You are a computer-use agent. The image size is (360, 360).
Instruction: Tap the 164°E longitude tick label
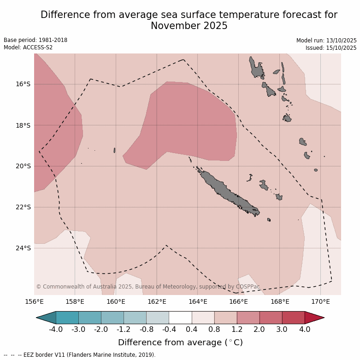[197, 302]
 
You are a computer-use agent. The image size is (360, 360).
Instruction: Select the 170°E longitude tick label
[320, 302]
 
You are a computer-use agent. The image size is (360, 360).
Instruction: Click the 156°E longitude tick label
[34, 302]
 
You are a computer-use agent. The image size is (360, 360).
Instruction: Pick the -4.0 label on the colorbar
[56, 329]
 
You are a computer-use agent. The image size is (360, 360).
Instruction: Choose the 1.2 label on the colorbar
[237, 329]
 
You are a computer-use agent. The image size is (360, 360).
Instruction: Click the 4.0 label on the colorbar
[305, 329]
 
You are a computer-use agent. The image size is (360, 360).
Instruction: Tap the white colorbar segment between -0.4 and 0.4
[180, 318]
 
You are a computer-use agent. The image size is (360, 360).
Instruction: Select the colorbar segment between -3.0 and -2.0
[90, 318]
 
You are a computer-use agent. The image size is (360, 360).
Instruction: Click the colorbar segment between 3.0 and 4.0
[293, 318]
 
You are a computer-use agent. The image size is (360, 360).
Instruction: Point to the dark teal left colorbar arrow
[47, 318]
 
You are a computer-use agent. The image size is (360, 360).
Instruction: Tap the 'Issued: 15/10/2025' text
[330, 48]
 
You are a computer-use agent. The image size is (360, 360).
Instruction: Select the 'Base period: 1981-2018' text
[35, 40]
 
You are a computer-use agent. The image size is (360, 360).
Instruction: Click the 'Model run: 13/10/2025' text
[326, 41]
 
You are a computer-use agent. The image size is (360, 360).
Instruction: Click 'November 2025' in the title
[189, 26]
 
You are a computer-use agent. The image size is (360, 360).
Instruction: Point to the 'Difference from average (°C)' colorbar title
[180, 342]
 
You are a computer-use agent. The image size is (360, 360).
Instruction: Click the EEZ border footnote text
[80, 355]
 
